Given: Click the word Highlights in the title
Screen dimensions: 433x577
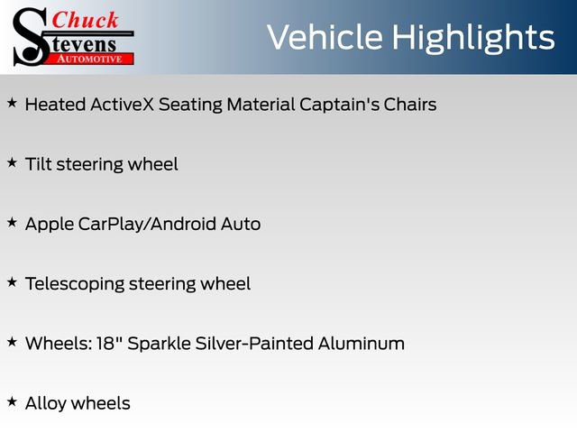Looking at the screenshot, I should point(478,37).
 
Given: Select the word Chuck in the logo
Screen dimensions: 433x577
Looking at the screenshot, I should point(86,20).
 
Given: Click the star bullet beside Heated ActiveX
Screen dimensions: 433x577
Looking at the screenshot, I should point(12,103).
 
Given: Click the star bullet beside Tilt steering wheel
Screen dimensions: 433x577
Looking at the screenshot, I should point(12,162).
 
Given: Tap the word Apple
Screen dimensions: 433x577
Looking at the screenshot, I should point(49,224).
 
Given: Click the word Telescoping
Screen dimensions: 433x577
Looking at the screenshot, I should point(75,284).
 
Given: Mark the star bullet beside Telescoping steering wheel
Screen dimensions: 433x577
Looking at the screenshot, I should point(12,282).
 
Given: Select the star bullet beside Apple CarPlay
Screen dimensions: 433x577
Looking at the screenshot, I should point(12,222).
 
